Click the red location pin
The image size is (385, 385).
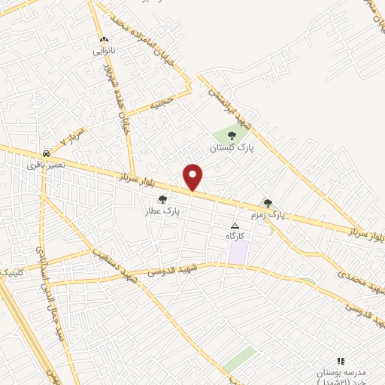(x=193, y=177)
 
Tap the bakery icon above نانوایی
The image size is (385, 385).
(x=104, y=40)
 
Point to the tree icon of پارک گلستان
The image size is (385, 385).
(x=232, y=135)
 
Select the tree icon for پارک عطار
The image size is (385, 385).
(x=162, y=199)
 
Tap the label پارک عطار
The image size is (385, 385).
(x=163, y=211)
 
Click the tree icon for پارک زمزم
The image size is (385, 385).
(x=268, y=202)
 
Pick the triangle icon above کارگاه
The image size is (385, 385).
(x=235, y=225)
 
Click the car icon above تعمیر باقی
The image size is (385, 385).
(x=47, y=153)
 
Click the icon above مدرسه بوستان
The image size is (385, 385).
(x=339, y=361)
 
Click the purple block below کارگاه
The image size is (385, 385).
(x=238, y=252)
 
